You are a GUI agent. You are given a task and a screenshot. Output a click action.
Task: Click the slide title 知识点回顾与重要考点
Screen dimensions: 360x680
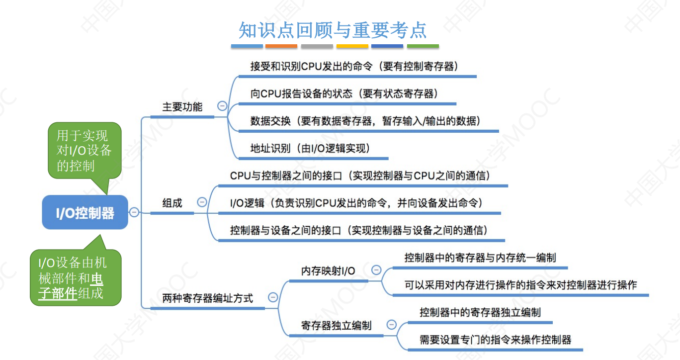point(333,30)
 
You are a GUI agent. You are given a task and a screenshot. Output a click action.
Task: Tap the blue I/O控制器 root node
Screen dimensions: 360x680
point(85,213)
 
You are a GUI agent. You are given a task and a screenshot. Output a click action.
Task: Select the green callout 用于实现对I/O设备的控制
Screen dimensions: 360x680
point(83,150)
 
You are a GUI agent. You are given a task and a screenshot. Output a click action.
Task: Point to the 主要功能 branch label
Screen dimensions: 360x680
point(182,107)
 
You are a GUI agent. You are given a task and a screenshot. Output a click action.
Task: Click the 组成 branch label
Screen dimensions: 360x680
point(172,203)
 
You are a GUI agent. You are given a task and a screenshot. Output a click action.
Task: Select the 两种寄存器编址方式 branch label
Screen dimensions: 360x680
point(208,298)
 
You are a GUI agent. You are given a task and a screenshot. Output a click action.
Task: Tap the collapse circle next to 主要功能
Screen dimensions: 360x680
point(222,106)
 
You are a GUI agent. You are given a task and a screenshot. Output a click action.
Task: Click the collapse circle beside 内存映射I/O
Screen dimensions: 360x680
point(376,270)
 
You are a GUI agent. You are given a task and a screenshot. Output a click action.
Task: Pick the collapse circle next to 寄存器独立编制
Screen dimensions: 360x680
point(391,325)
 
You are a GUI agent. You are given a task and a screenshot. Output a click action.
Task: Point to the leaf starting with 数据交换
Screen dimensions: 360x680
point(365,121)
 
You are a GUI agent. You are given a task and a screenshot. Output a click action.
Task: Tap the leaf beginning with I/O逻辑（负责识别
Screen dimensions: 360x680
point(356,203)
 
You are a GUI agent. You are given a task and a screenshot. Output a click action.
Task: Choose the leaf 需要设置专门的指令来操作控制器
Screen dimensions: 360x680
point(495,340)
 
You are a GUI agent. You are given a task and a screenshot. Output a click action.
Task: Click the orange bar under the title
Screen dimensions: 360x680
point(281,46)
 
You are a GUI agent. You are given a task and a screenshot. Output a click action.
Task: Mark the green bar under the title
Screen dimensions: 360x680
point(423,46)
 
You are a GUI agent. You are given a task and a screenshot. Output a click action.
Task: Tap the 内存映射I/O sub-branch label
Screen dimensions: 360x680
point(328,271)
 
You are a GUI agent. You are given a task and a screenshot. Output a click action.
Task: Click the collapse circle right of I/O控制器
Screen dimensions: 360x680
point(134,212)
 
